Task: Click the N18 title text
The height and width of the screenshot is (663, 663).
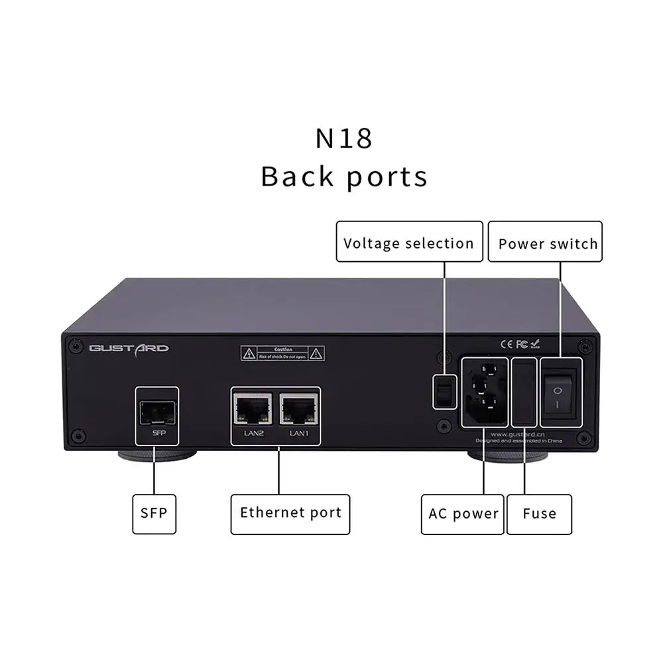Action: (x=343, y=138)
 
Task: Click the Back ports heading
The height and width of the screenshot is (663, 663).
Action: (x=343, y=177)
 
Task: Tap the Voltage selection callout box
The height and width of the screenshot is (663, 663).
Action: (x=408, y=243)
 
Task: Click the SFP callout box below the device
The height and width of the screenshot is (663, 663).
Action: (x=154, y=513)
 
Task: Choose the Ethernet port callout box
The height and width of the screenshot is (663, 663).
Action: (x=290, y=512)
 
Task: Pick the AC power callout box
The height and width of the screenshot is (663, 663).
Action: (x=463, y=513)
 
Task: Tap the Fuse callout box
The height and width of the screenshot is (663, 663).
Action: (x=539, y=513)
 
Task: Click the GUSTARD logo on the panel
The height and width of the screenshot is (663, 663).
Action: (x=129, y=347)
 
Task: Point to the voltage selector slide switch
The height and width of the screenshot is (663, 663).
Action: (x=442, y=392)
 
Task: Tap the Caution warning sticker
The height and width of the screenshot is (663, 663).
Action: (x=283, y=353)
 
